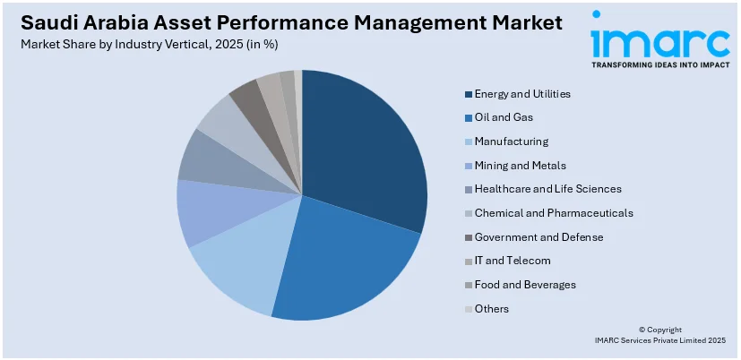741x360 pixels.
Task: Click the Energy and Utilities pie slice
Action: (363, 152)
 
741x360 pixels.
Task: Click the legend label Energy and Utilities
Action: (522, 94)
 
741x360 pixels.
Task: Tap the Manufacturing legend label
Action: (512, 141)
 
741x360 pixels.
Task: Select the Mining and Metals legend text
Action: (520, 166)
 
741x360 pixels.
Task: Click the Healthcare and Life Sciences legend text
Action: (547, 189)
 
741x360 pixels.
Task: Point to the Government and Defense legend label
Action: (539, 237)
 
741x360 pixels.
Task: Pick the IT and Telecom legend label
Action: (513, 261)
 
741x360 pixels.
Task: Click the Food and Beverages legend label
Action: (525, 285)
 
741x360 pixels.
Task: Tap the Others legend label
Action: (492, 309)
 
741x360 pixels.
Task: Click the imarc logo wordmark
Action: (660, 40)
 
